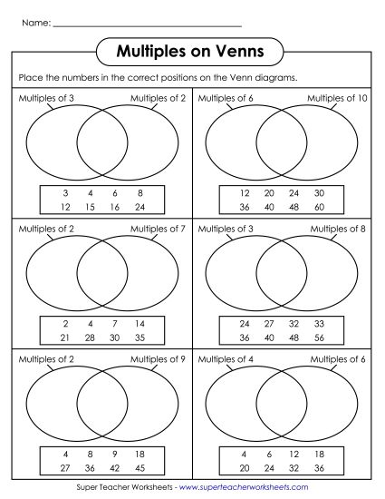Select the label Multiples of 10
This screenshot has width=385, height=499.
[336, 98]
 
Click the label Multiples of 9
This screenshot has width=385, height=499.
[158, 359]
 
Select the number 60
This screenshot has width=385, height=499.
[319, 206]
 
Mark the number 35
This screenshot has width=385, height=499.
[140, 338]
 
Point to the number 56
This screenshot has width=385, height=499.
[319, 338]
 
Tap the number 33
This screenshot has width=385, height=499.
[319, 324]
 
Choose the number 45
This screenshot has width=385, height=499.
[140, 468]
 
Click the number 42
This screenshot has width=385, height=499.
[115, 468]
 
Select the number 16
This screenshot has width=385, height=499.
[115, 206]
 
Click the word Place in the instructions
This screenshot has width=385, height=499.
[29, 78]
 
